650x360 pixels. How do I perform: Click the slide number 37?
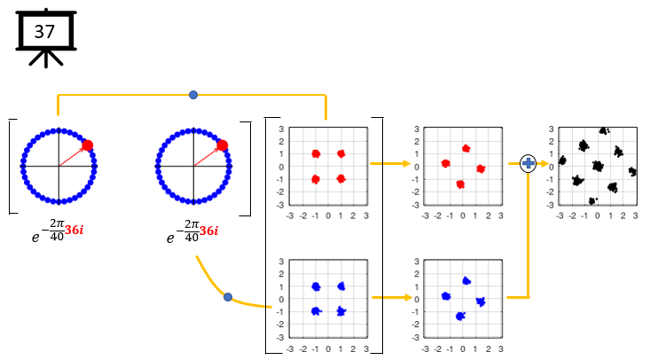tap(43, 32)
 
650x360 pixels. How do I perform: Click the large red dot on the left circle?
tap(88, 145)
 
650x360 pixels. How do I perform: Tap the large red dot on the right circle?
tap(223, 145)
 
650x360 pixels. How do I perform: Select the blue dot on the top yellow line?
tap(193, 94)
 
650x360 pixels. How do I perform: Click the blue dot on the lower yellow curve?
tap(228, 297)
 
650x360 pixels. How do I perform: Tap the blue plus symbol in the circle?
tap(529, 163)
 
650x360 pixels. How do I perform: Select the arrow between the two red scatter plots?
tap(390, 164)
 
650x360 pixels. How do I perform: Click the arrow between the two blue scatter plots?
tap(390, 297)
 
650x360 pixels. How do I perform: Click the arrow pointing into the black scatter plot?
tap(541, 163)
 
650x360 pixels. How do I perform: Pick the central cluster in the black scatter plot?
tap(597, 166)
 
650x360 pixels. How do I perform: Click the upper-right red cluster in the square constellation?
tap(341, 153)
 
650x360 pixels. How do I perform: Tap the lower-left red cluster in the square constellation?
tap(316, 179)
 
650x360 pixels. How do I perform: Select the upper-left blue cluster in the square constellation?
tap(316, 286)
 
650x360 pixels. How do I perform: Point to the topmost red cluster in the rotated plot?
tap(466, 148)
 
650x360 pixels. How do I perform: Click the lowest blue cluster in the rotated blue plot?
tap(459, 317)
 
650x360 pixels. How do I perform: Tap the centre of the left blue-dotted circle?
tap(59, 166)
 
